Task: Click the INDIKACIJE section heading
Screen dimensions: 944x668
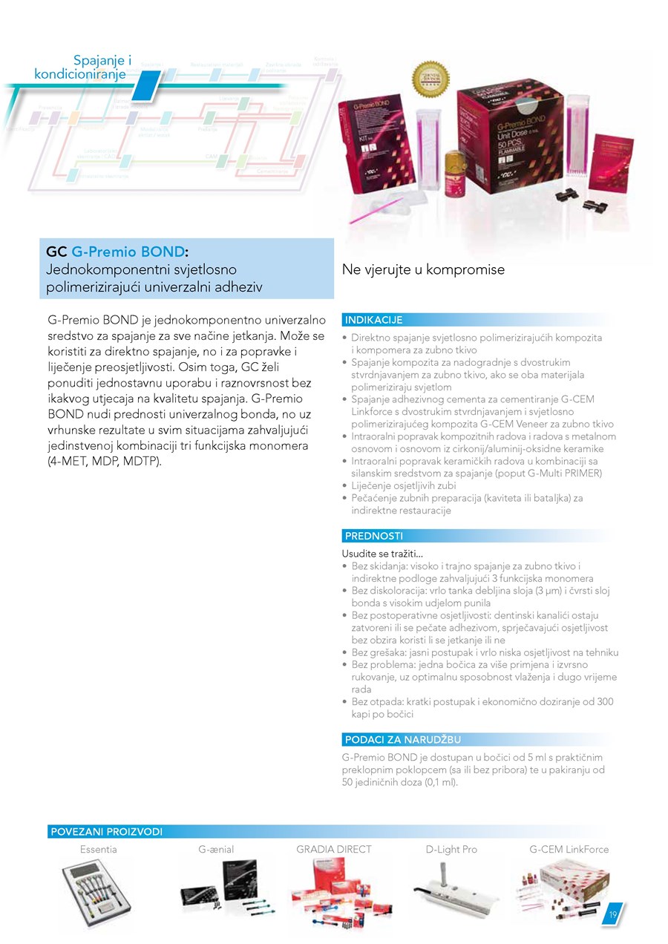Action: pos(373,321)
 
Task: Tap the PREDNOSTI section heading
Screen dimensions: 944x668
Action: pos(373,536)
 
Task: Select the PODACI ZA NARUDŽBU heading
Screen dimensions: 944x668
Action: pos(402,740)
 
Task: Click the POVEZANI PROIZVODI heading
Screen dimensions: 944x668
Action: pos(105,832)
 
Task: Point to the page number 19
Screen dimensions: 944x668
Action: pos(614,914)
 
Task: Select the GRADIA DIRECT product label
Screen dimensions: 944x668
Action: pos(334,849)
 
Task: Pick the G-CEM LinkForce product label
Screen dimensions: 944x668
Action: pos(569,849)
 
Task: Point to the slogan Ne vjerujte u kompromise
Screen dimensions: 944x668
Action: pos(423,269)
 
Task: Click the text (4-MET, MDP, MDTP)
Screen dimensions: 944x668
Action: pos(104,461)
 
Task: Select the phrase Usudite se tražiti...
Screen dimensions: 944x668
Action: pos(382,554)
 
